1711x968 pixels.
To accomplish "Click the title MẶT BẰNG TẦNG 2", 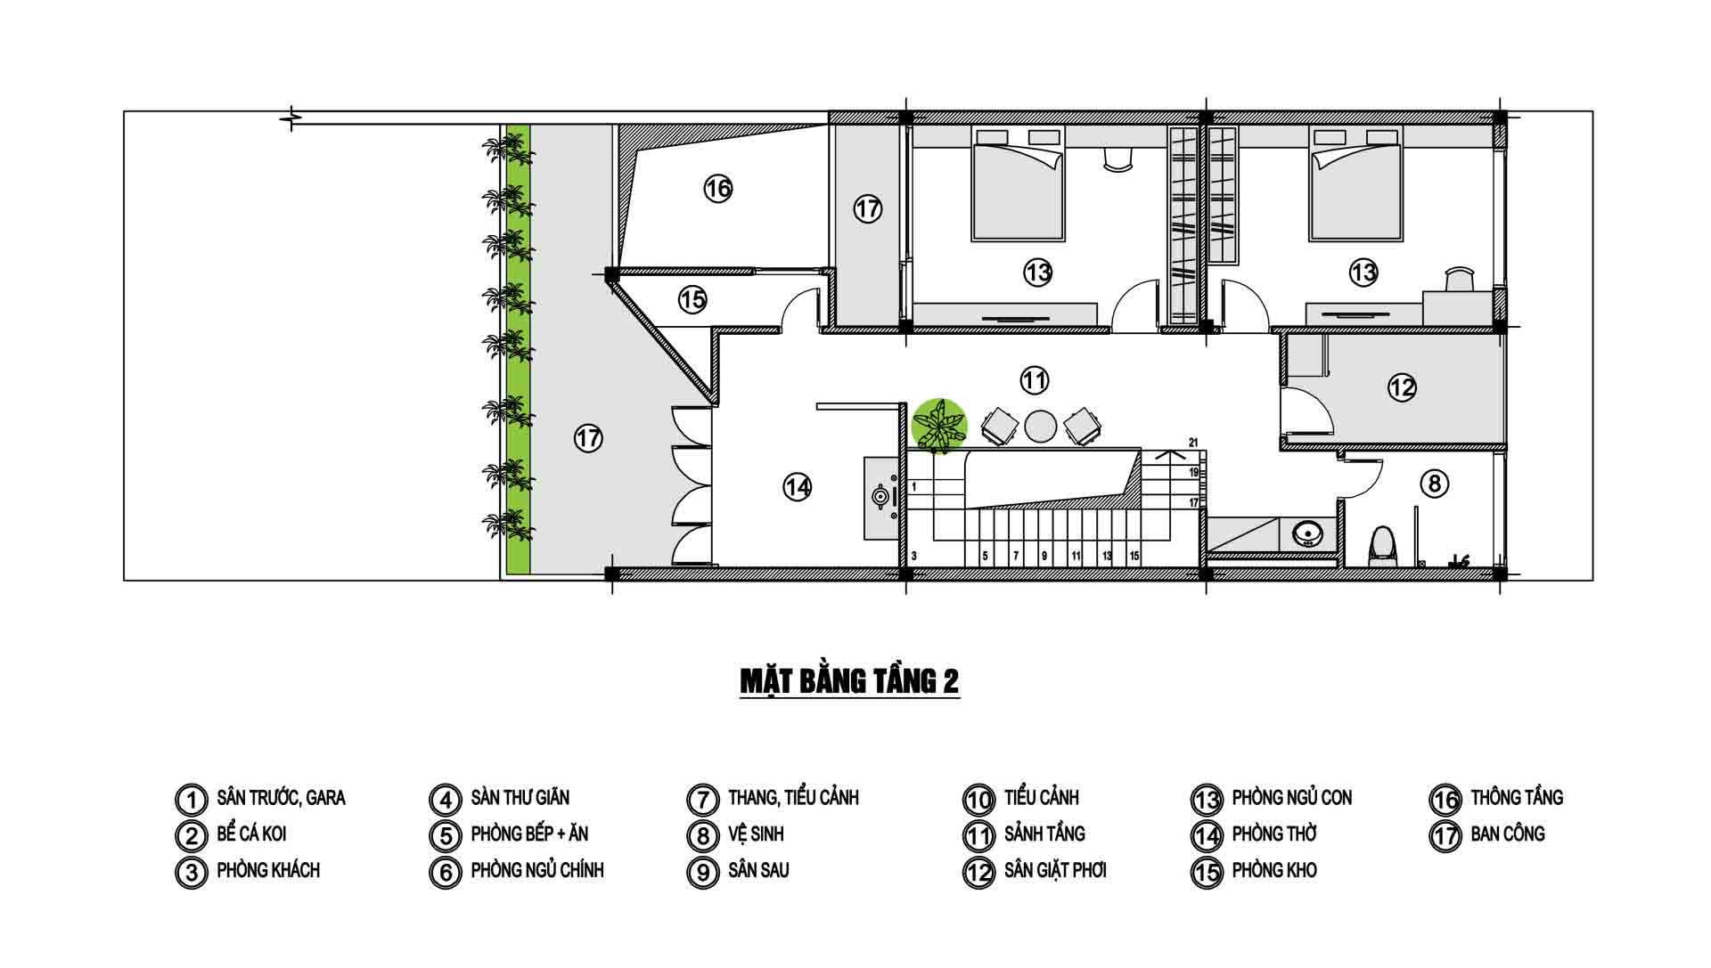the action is point(849,681).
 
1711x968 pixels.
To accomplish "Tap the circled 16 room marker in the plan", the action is point(717,189).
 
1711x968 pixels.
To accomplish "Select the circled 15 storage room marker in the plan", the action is point(692,300).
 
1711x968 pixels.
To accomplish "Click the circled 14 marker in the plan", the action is point(798,487).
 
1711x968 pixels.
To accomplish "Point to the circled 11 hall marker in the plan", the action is point(1034,381).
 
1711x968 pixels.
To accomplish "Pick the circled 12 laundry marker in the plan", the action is point(1402,387).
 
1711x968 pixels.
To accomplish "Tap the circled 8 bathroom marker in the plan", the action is point(1434,484).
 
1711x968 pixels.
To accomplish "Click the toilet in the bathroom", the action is point(1382,545).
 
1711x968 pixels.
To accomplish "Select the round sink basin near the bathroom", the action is point(1307,534).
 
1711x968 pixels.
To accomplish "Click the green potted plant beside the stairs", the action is point(939,426).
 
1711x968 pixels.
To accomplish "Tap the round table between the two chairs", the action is point(1040,426).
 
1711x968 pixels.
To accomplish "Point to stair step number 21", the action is point(1193,442).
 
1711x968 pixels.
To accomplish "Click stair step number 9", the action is point(1045,556).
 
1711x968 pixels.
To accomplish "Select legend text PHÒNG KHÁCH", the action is point(268,870).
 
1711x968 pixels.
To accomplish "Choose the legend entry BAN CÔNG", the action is point(1508,834).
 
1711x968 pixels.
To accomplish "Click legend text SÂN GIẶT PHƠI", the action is point(1055,870).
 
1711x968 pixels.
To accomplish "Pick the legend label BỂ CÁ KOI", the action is point(251,834).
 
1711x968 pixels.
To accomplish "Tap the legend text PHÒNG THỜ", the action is point(1274,834).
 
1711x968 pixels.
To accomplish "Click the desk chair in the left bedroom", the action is point(1117,158).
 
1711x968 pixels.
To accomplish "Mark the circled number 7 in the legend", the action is point(702,799).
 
